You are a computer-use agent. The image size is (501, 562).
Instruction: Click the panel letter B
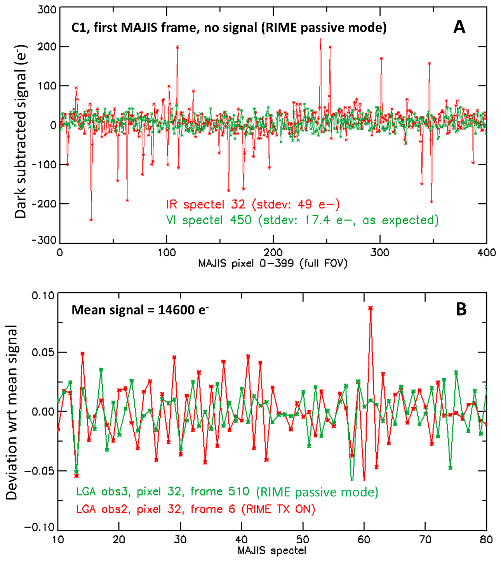(x=461, y=309)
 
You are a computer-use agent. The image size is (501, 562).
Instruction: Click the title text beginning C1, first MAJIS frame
(x=229, y=28)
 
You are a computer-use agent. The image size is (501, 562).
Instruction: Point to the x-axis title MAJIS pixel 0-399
(x=273, y=264)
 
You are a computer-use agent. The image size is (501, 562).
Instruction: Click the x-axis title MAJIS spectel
(x=272, y=550)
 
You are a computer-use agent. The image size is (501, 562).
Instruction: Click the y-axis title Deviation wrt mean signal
(x=12, y=412)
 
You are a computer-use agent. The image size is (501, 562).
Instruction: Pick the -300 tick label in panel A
(x=44, y=241)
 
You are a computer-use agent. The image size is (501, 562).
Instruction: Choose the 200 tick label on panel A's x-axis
(x=273, y=253)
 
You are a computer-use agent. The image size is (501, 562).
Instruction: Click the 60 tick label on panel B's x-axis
(x=364, y=539)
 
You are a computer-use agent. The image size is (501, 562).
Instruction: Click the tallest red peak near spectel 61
(x=371, y=308)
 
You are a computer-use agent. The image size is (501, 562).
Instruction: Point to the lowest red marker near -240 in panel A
(x=91, y=220)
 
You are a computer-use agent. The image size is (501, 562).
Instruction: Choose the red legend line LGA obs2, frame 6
(x=195, y=509)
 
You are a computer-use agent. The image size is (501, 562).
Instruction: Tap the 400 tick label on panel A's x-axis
(x=487, y=253)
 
